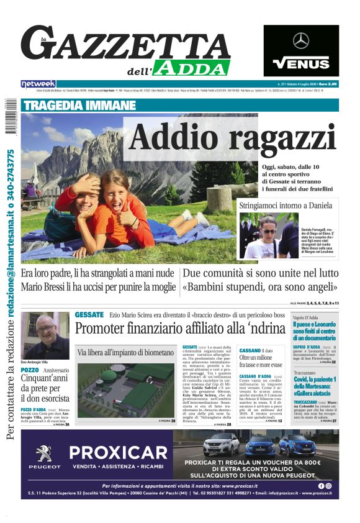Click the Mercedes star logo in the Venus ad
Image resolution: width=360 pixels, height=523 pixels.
301,41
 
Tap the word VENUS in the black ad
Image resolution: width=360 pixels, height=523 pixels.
301,63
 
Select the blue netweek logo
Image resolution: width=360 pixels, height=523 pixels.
38,83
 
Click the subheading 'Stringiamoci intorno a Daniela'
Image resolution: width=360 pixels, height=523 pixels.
288,206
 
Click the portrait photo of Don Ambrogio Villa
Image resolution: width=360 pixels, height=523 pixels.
45,334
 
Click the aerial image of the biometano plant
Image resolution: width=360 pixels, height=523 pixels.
125,388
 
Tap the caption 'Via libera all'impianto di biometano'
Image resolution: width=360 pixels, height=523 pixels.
125,352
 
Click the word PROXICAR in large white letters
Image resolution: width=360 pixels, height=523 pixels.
118,453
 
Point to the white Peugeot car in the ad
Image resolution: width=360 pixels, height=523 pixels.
221,445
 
